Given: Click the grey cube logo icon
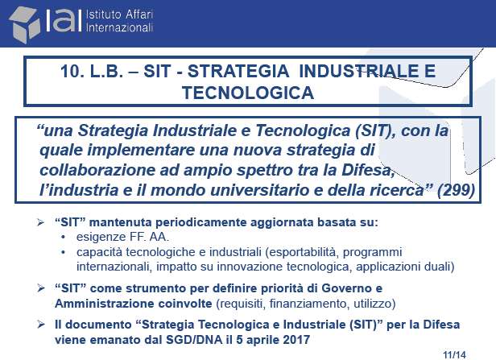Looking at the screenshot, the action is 25,24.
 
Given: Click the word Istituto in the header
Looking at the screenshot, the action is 104,14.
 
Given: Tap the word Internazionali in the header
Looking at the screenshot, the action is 119,27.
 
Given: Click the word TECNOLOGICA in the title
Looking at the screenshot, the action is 248,93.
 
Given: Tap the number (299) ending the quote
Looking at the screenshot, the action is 456,190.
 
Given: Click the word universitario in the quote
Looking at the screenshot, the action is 266,190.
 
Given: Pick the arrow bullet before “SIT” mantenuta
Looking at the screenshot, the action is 40,222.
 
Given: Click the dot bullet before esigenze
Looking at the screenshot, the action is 64,237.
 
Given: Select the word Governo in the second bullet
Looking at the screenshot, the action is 346,288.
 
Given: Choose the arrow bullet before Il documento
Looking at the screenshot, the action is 40,325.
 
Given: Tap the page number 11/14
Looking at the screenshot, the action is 455,355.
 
